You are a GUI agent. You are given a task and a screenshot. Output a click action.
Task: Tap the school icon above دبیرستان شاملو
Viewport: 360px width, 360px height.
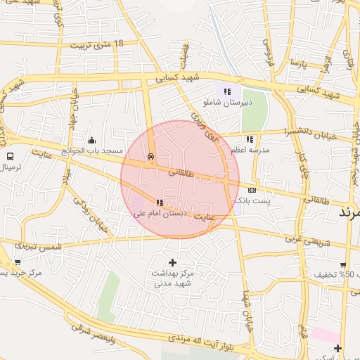click(227, 91)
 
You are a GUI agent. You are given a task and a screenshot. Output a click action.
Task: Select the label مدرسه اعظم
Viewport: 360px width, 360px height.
click(250, 150)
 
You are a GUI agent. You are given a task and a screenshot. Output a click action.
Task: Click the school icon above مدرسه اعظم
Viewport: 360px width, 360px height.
click(250, 139)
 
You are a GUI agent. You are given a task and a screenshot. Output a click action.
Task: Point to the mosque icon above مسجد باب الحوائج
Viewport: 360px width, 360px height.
click(92, 140)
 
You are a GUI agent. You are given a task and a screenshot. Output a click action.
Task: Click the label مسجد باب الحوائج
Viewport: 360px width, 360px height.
click(91, 150)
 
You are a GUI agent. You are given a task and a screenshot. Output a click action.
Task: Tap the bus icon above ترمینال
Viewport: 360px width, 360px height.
click(11, 156)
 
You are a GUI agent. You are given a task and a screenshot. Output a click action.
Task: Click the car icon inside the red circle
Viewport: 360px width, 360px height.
click(150, 157)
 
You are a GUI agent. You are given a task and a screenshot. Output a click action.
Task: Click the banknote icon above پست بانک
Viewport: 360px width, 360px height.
click(252, 190)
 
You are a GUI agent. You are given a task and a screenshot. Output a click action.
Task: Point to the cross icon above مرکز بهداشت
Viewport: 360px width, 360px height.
click(173, 262)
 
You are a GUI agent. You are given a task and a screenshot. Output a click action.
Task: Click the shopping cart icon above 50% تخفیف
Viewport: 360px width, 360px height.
click(342, 264)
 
